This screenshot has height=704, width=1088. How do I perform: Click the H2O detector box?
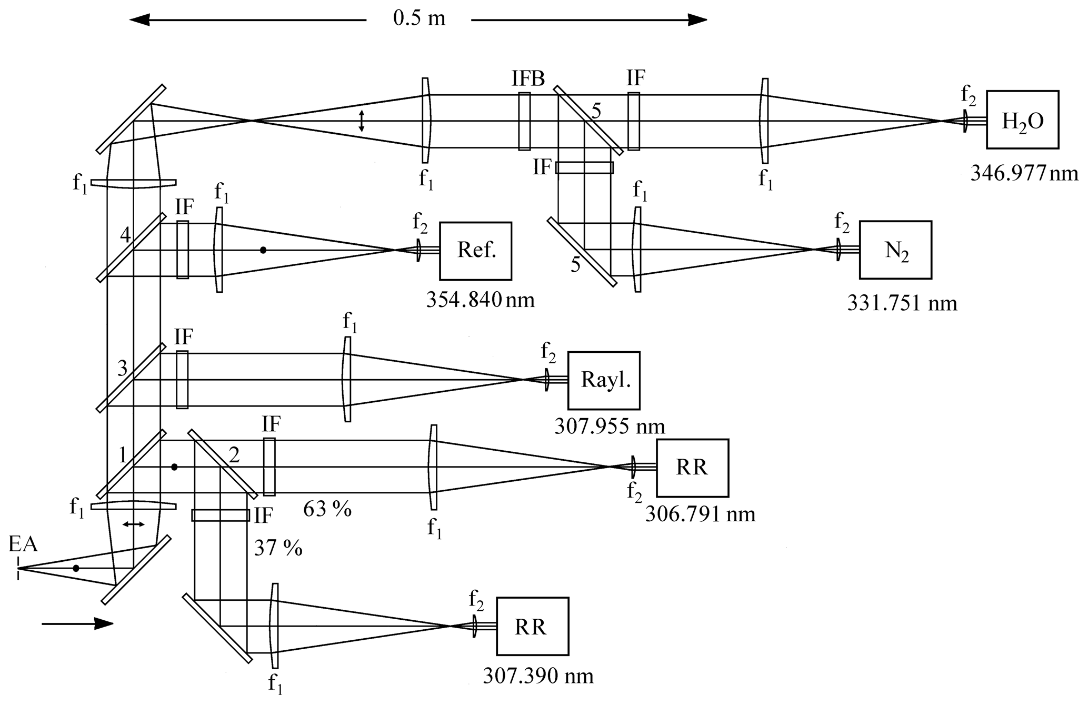click(1022, 120)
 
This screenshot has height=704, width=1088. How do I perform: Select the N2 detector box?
click(895, 250)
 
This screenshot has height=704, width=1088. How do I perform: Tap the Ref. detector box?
click(475, 251)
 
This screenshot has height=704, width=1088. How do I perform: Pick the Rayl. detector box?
click(604, 380)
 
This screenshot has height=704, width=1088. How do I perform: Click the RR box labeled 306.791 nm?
click(692, 468)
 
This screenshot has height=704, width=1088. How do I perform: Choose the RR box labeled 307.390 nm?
click(532, 626)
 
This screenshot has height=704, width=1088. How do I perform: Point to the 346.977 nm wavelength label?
click(1024, 173)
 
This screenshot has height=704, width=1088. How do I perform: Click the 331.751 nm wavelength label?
click(902, 303)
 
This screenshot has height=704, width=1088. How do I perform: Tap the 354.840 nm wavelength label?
click(480, 300)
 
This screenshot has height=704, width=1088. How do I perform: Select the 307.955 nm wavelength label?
click(610, 426)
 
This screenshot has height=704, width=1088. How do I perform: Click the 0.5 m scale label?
click(419, 19)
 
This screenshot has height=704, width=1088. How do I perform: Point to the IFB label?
click(528, 79)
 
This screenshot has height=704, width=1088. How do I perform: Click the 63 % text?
click(327, 509)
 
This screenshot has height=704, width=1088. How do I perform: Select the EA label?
click(23, 544)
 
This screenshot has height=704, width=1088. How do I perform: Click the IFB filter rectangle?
click(524, 121)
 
